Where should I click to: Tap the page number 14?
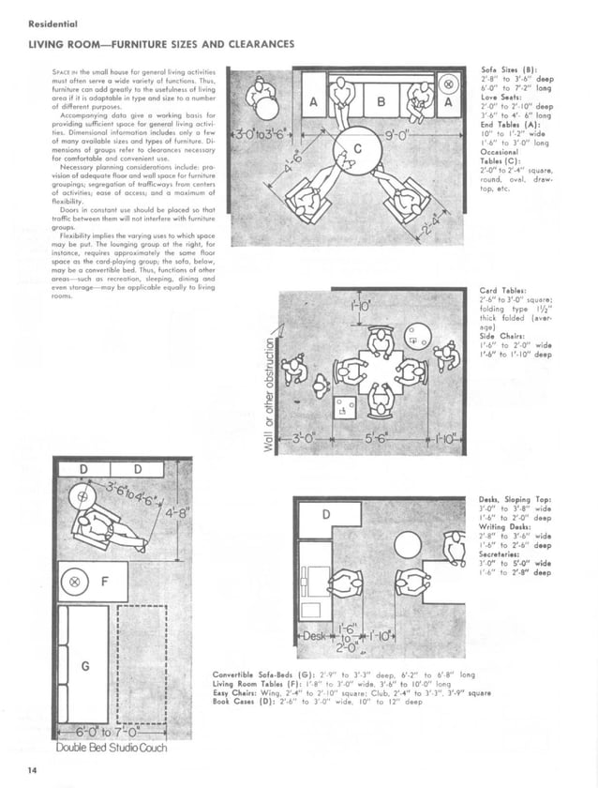pyautogui.click(x=34, y=771)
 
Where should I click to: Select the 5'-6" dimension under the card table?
pyautogui.click(x=379, y=438)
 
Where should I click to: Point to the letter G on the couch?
pyautogui.click(x=85, y=667)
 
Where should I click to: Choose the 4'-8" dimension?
pyautogui.click(x=176, y=513)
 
